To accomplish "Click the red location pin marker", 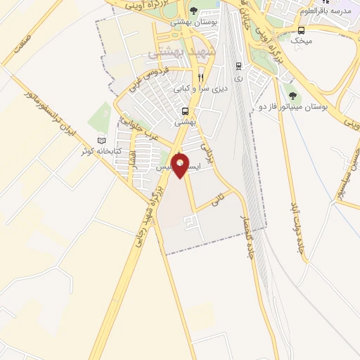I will (x=181, y=164).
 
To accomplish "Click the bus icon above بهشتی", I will (x=185, y=111).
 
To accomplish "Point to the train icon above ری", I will (x=238, y=67).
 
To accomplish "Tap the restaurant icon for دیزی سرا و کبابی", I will (x=201, y=77).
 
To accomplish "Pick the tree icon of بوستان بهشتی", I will (x=193, y=11).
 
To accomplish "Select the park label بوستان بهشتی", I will (x=193, y=22).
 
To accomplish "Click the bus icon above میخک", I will (x=302, y=30).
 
